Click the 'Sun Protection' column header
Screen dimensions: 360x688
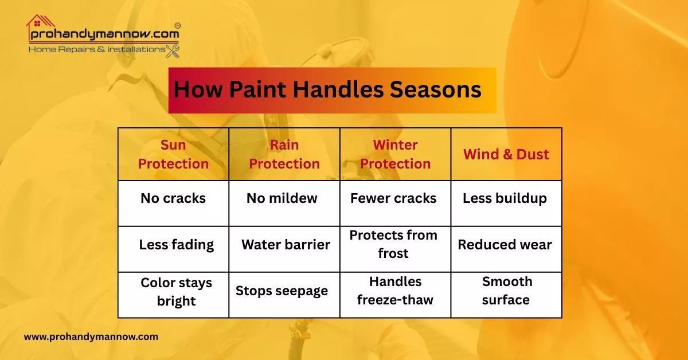pyautogui.click(x=173, y=154)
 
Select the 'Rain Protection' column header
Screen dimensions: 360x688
pyautogui.click(x=284, y=154)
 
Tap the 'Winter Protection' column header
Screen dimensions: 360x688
pyautogui.click(x=395, y=154)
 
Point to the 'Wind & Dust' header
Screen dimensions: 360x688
pyautogui.click(x=506, y=154)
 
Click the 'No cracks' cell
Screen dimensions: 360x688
pyautogui.click(x=173, y=199)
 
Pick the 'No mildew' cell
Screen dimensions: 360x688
pyautogui.click(x=282, y=199)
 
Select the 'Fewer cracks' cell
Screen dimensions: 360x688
pyautogui.click(x=393, y=199)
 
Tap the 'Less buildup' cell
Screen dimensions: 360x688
pyautogui.click(x=505, y=199)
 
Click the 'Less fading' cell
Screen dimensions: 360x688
pyautogui.click(x=176, y=245)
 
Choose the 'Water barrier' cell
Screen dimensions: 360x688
pyautogui.click(x=286, y=245)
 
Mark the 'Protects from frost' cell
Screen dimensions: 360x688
pyautogui.click(x=393, y=244)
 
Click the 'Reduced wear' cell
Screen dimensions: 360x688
pyautogui.click(x=505, y=245)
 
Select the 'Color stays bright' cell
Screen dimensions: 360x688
pyautogui.click(x=176, y=292)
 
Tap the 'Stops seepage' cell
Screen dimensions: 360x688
pyautogui.click(x=282, y=291)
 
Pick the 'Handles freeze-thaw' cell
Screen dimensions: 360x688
pyautogui.click(x=395, y=291)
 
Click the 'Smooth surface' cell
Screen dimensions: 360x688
pyautogui.click(x=506, y=291)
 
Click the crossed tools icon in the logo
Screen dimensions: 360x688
pyautogui.click(x=173, y=50)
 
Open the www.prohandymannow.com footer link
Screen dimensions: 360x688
pyautogui.click(x=91, y=337)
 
